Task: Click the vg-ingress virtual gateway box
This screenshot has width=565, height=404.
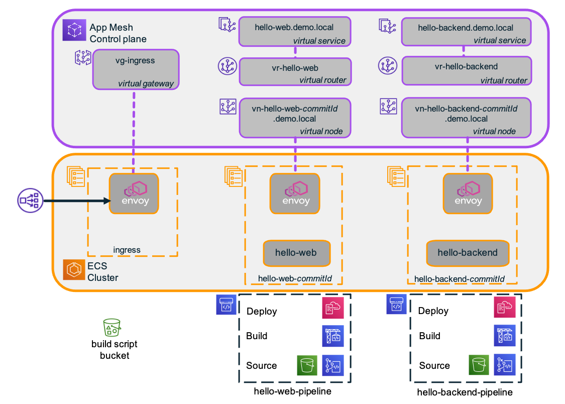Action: click(x=136, y=69)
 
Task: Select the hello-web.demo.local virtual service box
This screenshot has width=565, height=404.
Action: click(x=294, y=32)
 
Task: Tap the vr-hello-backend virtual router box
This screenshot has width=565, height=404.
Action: click(x=466, y=71)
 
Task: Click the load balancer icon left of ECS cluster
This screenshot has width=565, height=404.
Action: click(x=30, y=201)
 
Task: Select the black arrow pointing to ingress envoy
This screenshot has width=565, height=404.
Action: click(x=75, y=201)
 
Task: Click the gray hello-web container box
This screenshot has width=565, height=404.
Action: click(x=296, y=253)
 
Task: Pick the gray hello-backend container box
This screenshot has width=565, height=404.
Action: click(x=468, y=253)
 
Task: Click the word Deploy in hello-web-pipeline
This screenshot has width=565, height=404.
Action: click(x=261, y=311)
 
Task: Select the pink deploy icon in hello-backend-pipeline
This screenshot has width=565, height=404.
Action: click(x=504, y=308)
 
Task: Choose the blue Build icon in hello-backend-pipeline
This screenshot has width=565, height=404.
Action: click(x=504, y=336)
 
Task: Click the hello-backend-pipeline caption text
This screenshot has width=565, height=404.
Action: click(x=465, y=392)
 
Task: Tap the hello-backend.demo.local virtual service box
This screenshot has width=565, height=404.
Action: click(x=466, y=32)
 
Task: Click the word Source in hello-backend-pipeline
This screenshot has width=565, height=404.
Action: click(x=434, y=365)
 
